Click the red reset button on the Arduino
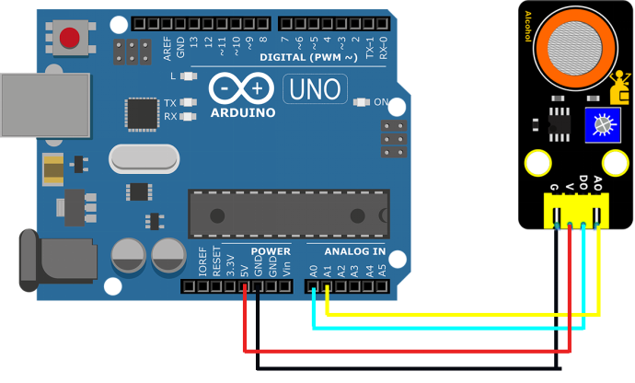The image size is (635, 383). tap(69, 38)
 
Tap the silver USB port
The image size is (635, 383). tap(44, 104)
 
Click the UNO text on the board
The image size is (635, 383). tap(315, 89)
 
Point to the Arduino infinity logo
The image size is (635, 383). tap(242, 87)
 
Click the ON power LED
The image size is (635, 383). tap(360, 102)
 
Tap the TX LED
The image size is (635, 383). tap(189, 103)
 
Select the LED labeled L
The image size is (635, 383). tap(189, 76)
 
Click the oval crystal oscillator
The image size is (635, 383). tap(144, 158)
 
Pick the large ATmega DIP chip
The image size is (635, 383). tap(288, 214)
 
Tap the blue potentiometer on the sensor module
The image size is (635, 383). tap(603, 124)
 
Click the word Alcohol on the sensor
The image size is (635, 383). tap(527, 27)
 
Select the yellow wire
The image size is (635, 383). tap(460, 315)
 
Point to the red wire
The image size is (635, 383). tap(405, 350)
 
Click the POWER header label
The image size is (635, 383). tap(271, 251)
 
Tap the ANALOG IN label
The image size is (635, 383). tap(354, 251)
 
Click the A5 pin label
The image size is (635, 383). tap(383, 271)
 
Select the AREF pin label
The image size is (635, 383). tap(167, 48)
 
